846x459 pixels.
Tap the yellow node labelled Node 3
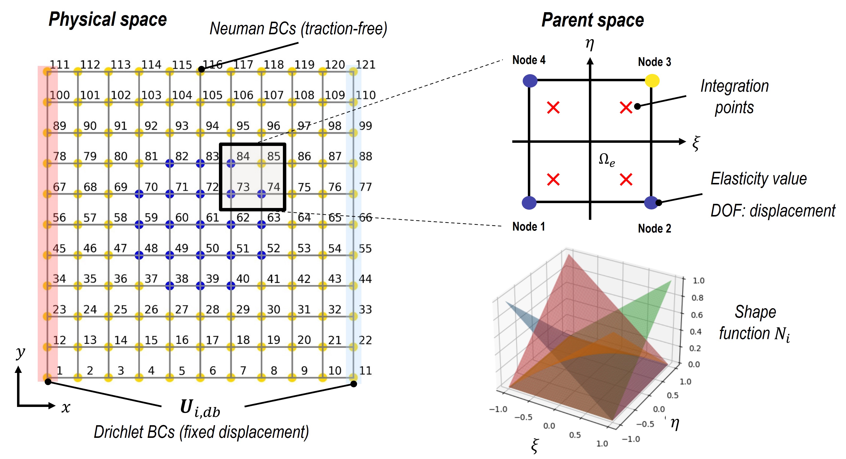(652, 81)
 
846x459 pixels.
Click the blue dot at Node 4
(530, 81)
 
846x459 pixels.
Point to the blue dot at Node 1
(529, 203)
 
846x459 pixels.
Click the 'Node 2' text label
(654, 228)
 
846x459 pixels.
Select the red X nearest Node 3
(626, 108)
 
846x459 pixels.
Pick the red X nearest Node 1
(553, 180)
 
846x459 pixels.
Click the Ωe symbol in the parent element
(606, 160)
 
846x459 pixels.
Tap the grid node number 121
(366, 65)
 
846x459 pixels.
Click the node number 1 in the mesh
(59, 371)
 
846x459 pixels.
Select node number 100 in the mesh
(59, 95)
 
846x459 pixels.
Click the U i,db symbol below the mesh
(200, 408)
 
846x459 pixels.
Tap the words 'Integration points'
(735, 97)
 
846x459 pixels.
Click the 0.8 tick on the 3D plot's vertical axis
(697, 298)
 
